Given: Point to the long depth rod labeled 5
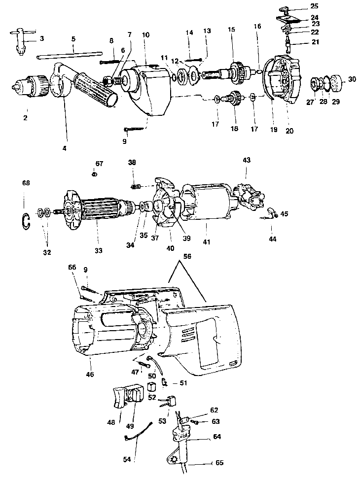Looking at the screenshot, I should click(x=69, y=55).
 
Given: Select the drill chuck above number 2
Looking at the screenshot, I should click(x=30, y=87).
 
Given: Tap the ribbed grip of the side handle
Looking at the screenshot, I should click(x=96, y=89).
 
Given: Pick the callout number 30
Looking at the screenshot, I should click(x=351, y=79).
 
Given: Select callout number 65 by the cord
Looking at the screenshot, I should click(x=219, y=464).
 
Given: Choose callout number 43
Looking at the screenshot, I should click(x=246, y=161).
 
